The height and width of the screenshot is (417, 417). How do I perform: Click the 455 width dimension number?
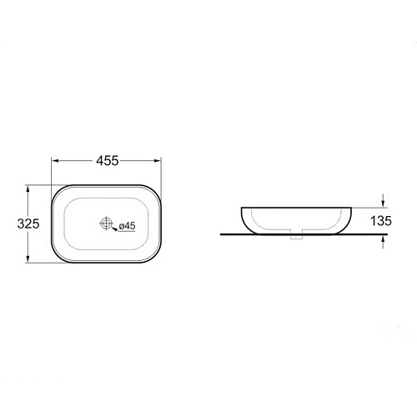tap(108, 161)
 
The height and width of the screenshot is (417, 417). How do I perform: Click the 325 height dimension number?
tap(28, 224)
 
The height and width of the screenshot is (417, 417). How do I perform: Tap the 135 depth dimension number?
tap(381, 221)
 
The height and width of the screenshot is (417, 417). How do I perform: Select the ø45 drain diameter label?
tap(127, 226)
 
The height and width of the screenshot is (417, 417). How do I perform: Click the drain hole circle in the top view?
tap(106, 223)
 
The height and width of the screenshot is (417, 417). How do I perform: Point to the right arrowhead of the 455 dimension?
tap(158, 161)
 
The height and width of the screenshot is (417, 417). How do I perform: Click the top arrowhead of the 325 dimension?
tap(28, 188)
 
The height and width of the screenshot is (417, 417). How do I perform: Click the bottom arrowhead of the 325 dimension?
tap(28, 259)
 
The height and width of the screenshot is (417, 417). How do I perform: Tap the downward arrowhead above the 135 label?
tap(384, 203)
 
